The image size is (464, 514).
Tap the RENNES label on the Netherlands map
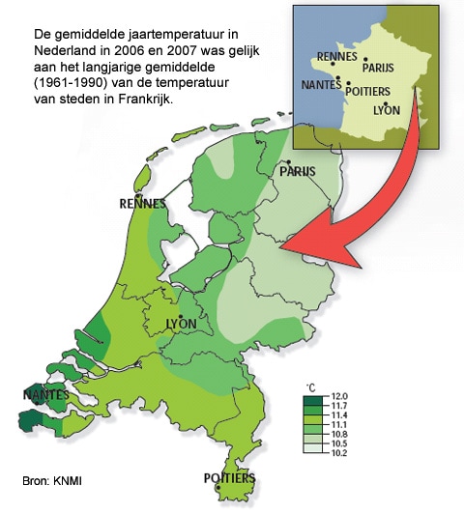141,204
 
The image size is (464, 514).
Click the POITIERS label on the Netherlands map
229,478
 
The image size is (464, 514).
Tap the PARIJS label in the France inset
379,68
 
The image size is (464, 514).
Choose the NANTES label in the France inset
322,85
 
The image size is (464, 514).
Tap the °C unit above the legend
311,385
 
